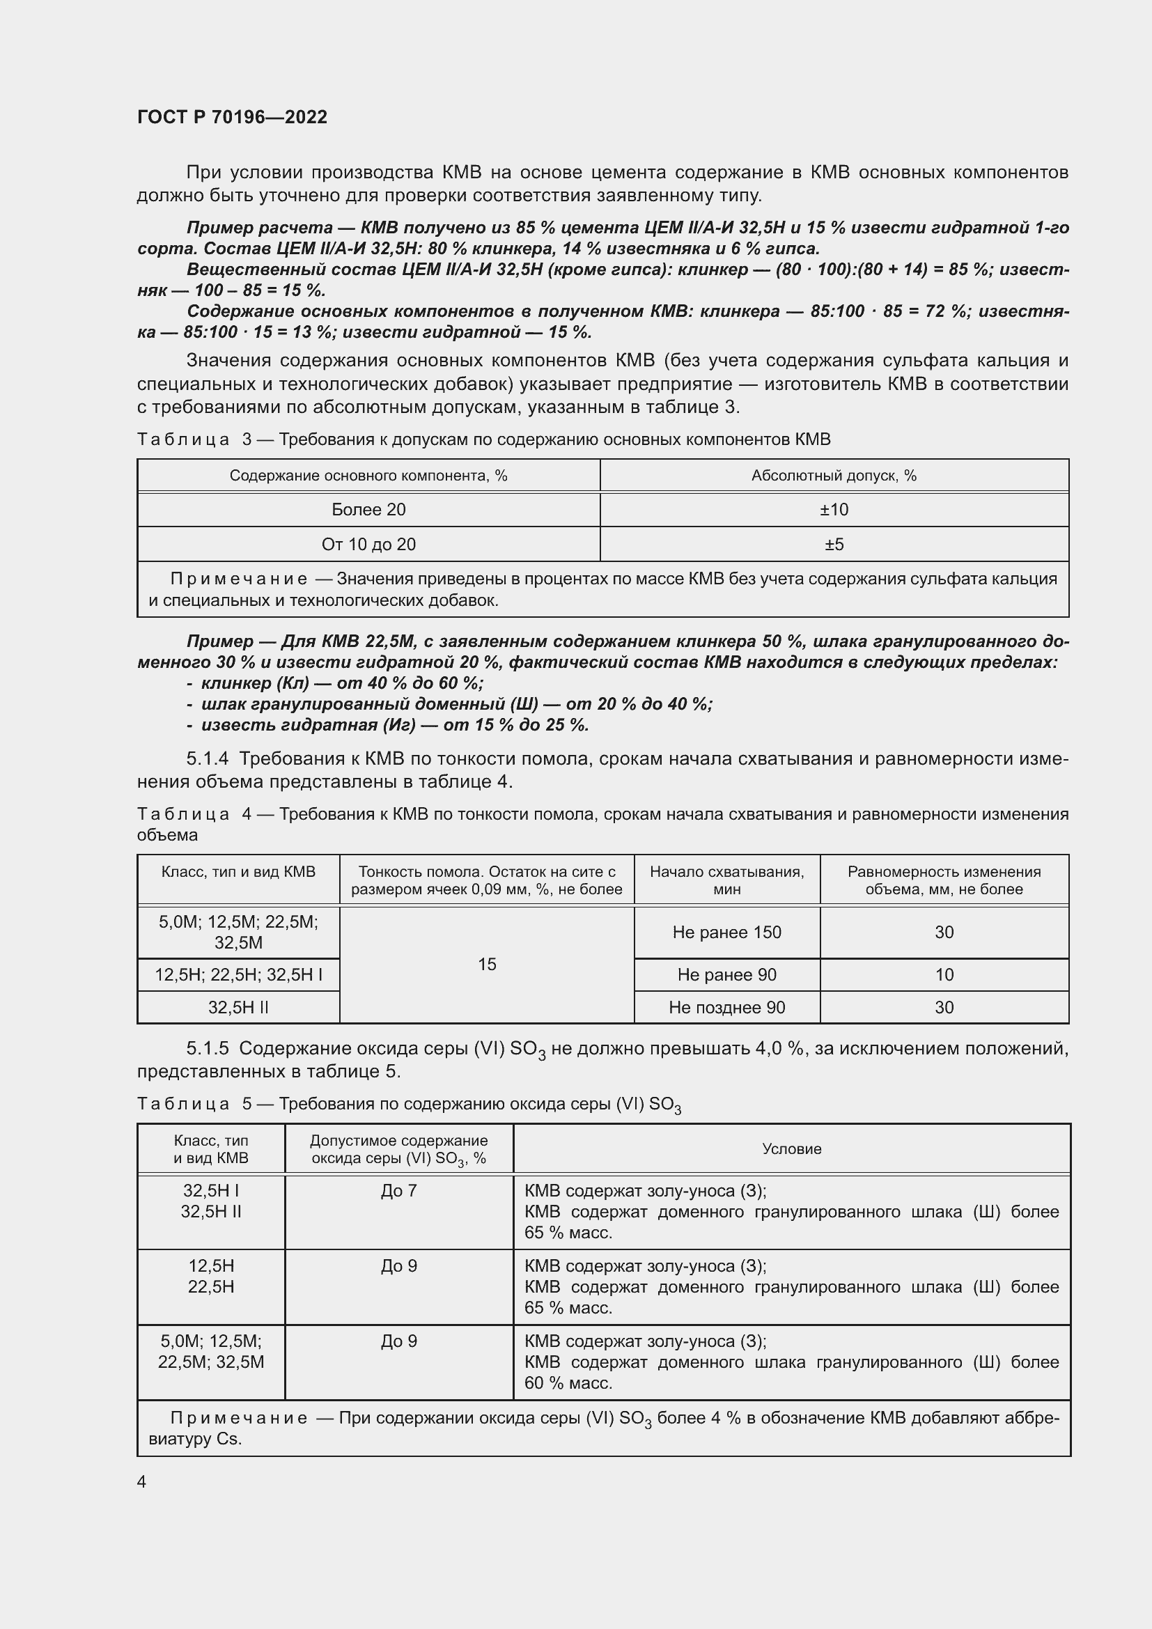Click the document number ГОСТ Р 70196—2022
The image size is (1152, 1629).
[232, 117]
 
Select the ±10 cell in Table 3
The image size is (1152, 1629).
[834, 509]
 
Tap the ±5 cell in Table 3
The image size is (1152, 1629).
[834, 544]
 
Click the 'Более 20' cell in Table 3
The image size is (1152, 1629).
[368, 509]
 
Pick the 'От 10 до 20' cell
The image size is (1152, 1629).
[368, 544]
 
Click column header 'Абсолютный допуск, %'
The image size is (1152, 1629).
[834, 476]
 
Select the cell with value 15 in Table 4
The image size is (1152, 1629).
[487, 964]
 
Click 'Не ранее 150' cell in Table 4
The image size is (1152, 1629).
[726, 933]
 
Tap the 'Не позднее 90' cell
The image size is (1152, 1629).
[726, 1008]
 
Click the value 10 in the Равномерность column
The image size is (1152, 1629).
[944, 975]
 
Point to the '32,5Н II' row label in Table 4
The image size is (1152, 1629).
[238, 1008]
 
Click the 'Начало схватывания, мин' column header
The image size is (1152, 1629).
[726, 880]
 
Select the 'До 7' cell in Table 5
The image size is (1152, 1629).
[398, 1191]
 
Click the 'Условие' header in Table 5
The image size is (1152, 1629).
[791, 1148]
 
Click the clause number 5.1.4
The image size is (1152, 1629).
[207, 758]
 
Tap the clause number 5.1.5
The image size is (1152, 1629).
[207, 1048]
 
